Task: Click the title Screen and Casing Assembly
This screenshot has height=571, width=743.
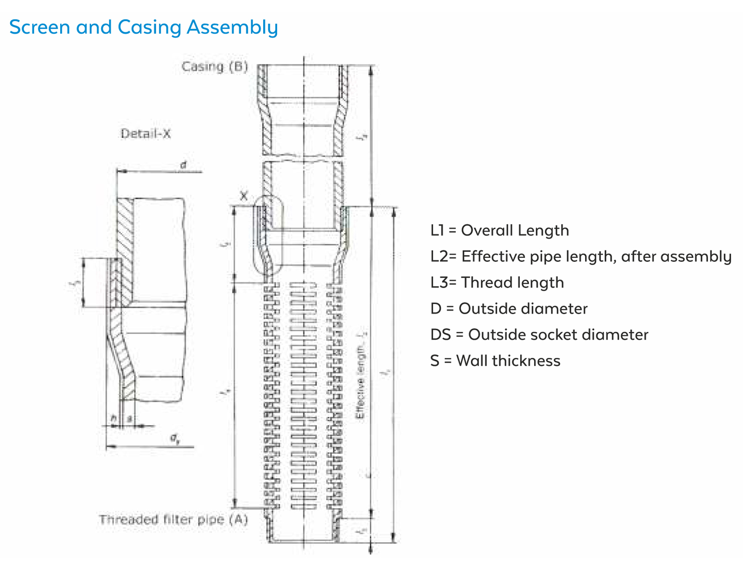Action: tap(143, 27)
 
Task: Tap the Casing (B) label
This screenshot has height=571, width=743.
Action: tap(215, 66)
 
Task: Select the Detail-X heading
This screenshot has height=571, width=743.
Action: tap(145, 134)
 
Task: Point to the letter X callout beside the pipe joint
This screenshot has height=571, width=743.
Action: tap(244, 196)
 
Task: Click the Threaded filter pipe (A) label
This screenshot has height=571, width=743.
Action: tap(173, 520)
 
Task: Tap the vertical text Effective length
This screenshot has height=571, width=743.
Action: tap(360, 385)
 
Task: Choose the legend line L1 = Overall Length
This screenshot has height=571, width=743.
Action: tap(500, 230)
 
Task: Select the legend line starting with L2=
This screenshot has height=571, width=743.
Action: tap(580, 256)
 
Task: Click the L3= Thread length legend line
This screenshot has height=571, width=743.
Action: tap(497, 282)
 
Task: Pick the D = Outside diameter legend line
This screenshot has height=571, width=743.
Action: tap(509, 308)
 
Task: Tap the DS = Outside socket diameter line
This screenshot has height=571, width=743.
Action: tap(539, 334)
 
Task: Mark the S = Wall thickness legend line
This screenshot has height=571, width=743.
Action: tap(495, 360)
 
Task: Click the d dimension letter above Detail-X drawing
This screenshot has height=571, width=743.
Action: tap(183, 165)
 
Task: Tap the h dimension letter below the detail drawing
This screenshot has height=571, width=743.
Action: tap(114, 419)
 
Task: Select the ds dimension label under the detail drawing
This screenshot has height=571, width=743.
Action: tap(175, 438)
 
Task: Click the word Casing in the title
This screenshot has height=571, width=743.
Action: tap(149, 27)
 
